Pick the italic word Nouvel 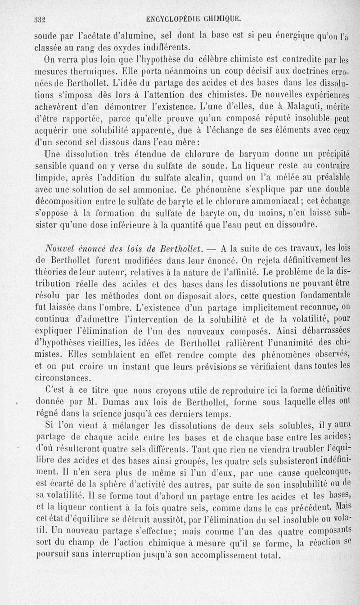(x=60, y=248)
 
